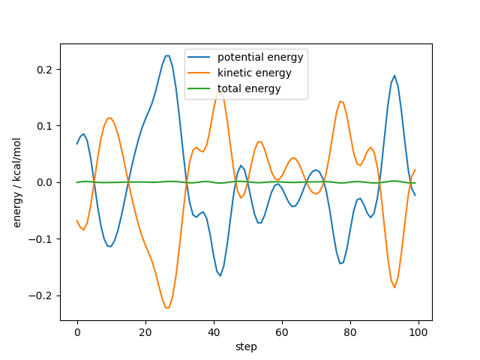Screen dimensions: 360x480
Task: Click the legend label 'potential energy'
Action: (260, 58)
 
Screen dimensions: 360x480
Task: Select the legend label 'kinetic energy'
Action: (254, 73)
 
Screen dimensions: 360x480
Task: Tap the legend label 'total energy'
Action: (249, 88)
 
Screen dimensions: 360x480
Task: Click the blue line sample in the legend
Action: (200, 58)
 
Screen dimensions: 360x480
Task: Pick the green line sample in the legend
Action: (200, 88)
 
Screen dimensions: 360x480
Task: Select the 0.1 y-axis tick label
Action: (46, 126)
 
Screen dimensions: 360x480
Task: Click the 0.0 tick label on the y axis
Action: (46, 183)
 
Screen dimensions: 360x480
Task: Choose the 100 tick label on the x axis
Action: (418, 331)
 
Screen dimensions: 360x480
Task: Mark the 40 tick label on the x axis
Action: (214, 331)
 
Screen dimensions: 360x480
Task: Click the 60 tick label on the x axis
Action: (282, 331)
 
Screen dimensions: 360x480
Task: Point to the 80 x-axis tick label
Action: (350, 331)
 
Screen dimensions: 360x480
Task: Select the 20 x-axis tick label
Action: (145, 331)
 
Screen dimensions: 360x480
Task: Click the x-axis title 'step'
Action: (246, 346)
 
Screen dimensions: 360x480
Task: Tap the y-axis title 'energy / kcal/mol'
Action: (17, 182)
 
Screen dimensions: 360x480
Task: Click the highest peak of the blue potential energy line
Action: (167, 55)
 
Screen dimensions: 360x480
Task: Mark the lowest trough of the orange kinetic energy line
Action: (167, 307)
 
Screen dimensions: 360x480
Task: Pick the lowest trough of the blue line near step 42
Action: (220, 276)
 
